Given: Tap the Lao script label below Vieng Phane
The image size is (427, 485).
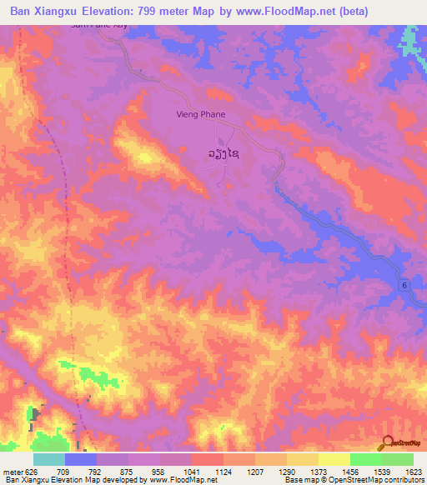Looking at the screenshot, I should point(224,153).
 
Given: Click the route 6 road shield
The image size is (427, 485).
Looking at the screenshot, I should point(405,286).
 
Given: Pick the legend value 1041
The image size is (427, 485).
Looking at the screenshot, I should point(191,471).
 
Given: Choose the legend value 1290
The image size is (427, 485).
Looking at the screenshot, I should point(285,471).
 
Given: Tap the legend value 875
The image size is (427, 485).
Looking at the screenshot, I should point(128,471).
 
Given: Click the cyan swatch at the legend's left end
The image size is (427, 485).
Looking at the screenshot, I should point(49,459).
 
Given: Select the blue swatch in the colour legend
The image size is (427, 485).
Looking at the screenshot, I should point(81,459).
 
